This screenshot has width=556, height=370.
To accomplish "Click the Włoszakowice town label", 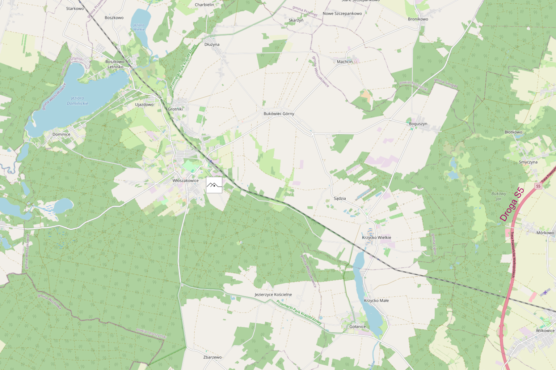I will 185,181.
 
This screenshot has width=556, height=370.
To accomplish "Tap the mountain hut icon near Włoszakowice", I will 214,185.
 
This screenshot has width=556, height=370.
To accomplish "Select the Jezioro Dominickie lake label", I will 77,101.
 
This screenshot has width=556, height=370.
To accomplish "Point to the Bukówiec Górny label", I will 279,114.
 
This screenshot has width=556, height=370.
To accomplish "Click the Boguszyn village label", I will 418,124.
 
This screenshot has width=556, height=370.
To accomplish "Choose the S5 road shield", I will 538,186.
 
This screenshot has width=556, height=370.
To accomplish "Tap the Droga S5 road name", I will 511,205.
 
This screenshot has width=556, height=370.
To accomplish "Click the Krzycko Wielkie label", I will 376,238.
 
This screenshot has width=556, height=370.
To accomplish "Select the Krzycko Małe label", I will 376,301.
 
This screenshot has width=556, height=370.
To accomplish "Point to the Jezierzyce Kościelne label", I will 273,295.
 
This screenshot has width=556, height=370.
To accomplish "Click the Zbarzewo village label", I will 212,357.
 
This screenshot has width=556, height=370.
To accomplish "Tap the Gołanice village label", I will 357,327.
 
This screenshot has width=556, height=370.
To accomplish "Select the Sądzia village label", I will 340,199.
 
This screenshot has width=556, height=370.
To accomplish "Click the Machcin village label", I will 345,62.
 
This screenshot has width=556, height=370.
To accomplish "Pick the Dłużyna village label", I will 212,45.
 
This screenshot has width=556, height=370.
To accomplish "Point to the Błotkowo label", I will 513,132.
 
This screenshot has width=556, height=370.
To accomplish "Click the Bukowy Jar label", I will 498,196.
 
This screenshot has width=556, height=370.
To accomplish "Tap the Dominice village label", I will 62,134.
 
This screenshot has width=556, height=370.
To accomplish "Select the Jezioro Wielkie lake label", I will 139,27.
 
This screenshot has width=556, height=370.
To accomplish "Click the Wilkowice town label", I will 545,331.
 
